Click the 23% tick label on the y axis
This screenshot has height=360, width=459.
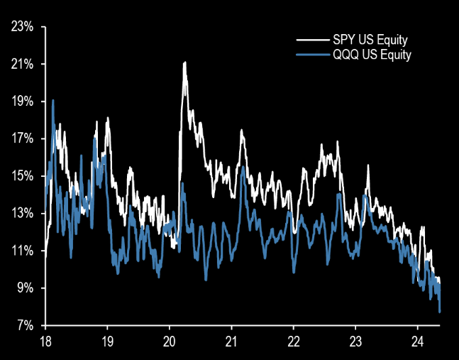pyautogui.click(x=23, y=27)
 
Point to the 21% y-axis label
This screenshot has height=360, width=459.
pyautogui.click(x=23, y=65)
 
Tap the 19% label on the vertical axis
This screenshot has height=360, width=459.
pyautogui.click(x=23, y=102)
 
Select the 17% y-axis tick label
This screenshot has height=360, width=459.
pyautogui.click(x=23, y=139)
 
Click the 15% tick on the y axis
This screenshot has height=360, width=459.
pyautogui.click(x=23, y=176)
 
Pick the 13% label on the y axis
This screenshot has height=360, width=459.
pyautogui.click(x=23, y=214)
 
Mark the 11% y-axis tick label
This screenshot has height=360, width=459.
pyautogui.click(x=23, y=251)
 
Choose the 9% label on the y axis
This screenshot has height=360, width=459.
pyautogui.click(x=26, y=288)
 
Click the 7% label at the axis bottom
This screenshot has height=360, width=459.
pyautogui.click(x=26, y=326)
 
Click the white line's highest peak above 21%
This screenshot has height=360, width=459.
pyautogui.click(x=184, y=62)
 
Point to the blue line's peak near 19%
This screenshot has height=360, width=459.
pyautogui.click(x=53, y=100)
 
